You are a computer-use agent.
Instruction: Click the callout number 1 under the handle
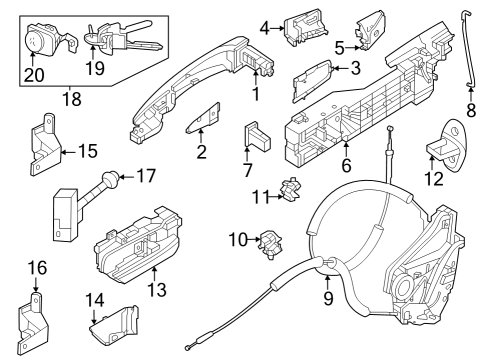coord(256,96)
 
